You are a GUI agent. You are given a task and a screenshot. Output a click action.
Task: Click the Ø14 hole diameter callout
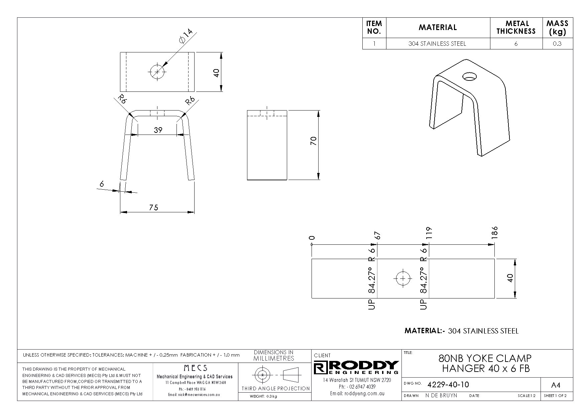[x=186, y=36]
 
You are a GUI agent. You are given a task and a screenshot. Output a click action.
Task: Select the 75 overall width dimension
[x=153, y=207]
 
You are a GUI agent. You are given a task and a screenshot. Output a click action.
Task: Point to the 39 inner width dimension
[x=158, y=130]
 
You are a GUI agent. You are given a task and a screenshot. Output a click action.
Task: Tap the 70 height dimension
[x=314, y=141]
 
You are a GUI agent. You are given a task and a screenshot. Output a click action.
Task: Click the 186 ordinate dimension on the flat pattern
[x=495, y=232]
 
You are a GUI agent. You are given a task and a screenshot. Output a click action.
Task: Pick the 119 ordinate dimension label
[x=429, y=233]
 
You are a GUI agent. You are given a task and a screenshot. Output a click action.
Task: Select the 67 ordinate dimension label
[x=378, y=235]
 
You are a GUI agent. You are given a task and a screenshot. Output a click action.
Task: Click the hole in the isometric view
[x=470, y=77]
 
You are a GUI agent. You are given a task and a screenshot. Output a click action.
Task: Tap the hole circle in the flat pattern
[x=402, y=278]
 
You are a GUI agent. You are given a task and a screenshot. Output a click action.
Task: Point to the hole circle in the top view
[x=157, y=72]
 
